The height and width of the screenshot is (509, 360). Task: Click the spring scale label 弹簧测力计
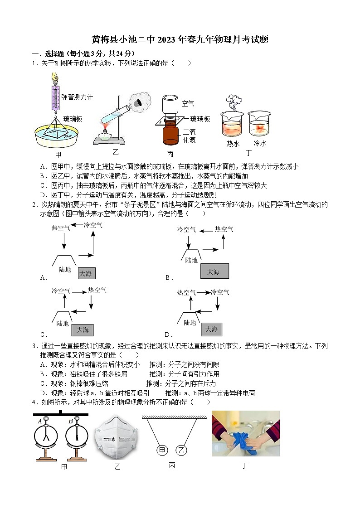point(77,97)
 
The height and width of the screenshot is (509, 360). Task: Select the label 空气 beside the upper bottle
point(188,104)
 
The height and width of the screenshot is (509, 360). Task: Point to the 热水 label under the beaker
point(233,144)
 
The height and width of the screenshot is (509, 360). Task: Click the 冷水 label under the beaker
point(259,144)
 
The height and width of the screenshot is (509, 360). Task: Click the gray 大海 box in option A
point(86,273)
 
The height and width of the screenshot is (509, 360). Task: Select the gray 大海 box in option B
point(214,271)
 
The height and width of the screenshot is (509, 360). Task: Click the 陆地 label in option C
point(63,324)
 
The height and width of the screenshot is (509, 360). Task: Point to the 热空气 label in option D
point(186,293)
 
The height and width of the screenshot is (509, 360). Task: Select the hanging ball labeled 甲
point(162,450)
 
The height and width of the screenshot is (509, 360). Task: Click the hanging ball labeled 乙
point(181,450)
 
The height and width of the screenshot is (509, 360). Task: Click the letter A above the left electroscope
point(40,422)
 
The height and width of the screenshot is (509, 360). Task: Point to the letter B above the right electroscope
point(71,422)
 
